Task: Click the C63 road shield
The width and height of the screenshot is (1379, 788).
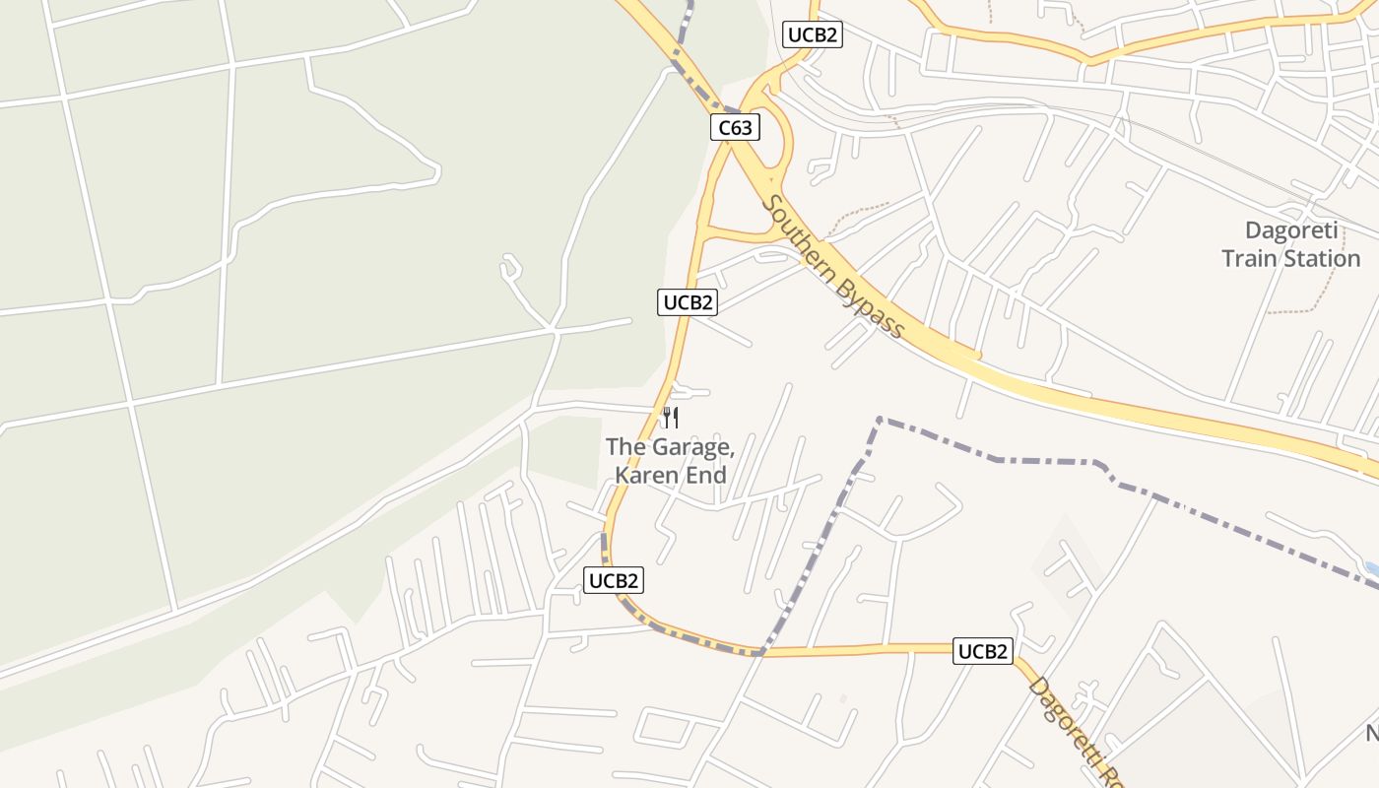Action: [x=735, y=127]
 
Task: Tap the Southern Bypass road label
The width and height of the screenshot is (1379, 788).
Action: [x=833, y=267]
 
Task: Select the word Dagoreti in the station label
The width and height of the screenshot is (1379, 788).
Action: [x=1290, y=231]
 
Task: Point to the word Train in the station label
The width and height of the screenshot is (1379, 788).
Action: [x=1247, y=259]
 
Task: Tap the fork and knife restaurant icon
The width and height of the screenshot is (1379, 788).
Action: [x=670, y=418]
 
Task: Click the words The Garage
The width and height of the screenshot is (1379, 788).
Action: [x=670, y=447]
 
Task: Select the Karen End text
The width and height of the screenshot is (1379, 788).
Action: [x=670, y=475]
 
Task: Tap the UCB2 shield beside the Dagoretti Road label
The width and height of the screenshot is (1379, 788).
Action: [x=982, y=651]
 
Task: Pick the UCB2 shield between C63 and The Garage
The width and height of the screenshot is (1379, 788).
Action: [x=687, y=302]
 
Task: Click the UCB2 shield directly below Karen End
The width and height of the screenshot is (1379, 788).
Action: [x=614, y=580]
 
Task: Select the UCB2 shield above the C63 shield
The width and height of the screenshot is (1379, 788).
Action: [x=813, y=34]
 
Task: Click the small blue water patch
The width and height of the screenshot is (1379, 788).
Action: [x=1371, y=569]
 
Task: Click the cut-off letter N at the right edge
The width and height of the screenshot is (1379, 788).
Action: [x=1372, y=734]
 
